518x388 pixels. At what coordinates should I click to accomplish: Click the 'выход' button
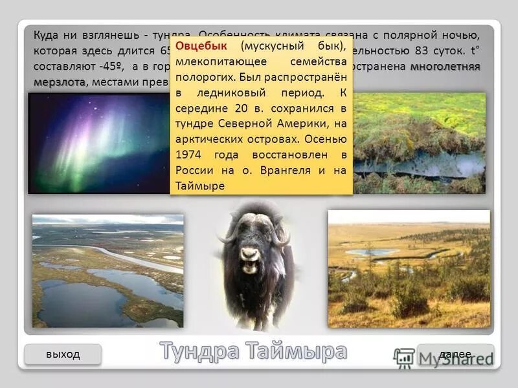63,354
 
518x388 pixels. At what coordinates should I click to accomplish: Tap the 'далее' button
455,354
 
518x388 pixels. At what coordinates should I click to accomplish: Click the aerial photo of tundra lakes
107,271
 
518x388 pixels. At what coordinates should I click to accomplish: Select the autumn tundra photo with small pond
409,269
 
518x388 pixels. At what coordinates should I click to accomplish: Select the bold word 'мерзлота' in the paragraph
59,82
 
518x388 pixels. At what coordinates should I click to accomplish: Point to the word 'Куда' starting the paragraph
46,35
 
